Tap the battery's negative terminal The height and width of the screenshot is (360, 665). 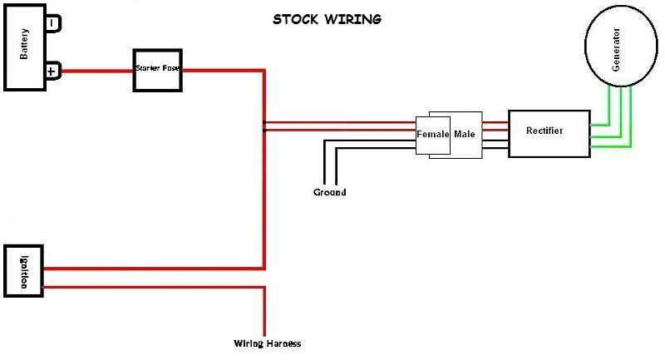pyautogui.click(x=53, y=23)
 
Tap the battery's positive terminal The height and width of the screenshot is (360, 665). pyautogui.click(x=53, y=72)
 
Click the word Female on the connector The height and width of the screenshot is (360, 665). pyautogui.click(x=432, y=134)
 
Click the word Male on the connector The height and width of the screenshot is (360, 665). pyautogui.click(x=465, y=134)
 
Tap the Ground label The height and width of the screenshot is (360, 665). pyautogui.click(x=329, y=192)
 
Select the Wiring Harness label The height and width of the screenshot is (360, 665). pyautogui.click(x=267, y=343)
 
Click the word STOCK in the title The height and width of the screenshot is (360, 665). pyautogui.click(x=295, y=19)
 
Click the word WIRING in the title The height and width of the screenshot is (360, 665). pyautogui.click(x=353, y=19)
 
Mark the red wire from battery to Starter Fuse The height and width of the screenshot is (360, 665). pyautogui.click(x=97, y=71)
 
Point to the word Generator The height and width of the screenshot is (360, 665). pyautogui.click(x=616, y=49)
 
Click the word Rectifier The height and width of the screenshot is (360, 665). pyautogui.click(x=544, y=131)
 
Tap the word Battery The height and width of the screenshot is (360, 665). pyautogui.click(x=24, y=44)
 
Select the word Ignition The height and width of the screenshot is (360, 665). pyautogui.click(x=24, y=272)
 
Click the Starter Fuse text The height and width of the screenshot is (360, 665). pyautogui.click(x=157, y=68)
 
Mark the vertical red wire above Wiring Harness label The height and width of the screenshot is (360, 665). pyautogui.click(x=264, y=311)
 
